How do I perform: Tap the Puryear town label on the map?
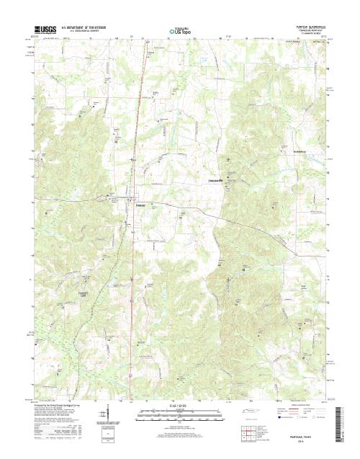(142, 205)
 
